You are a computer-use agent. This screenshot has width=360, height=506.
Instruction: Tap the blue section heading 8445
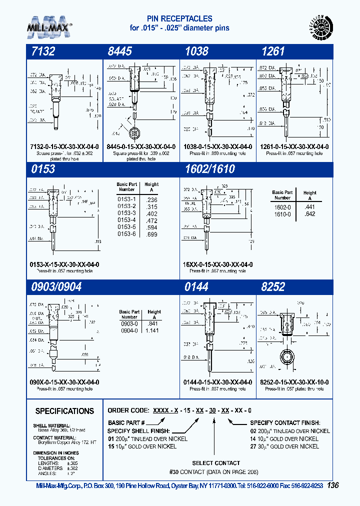(x=119, y=51)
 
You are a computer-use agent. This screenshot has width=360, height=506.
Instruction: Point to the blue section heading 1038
(x=196, y=51)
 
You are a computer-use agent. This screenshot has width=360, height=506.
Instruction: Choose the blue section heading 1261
(x=273, y=51)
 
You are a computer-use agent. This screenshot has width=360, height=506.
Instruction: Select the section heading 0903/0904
(x=56, y=286)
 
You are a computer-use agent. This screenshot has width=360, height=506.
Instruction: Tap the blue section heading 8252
(x=273, y=286)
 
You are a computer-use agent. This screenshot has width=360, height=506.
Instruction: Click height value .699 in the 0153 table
(x=151, y=234)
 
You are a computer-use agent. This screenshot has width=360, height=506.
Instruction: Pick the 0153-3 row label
(x=126, y=213)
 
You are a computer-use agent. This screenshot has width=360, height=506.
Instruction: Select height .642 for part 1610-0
(x=310, y=214)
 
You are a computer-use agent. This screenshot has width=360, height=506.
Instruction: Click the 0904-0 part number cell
(x=129, y=330)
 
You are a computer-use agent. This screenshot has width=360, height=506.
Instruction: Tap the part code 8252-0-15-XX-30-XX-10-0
(x=294, y=382)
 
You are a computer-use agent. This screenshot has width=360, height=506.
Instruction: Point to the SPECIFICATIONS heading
(x=64, y=411)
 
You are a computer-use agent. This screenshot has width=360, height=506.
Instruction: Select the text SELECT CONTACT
(x=216, y=463)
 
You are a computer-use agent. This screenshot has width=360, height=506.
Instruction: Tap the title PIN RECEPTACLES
(x=179, y=19)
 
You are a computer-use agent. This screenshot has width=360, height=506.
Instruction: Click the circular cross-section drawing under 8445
(x=133, y=133)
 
